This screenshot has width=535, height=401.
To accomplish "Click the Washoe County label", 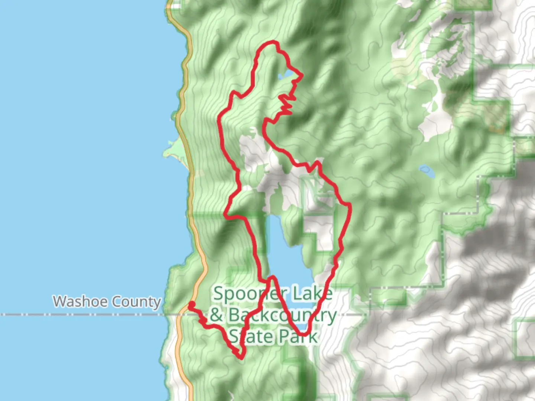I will pyautogui.click(x=107, y=301).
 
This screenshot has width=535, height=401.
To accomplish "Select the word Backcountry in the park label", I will pyautogui.click(x=282, y=315).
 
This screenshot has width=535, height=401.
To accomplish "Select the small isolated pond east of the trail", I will pyautogui.click(x=427, y=171).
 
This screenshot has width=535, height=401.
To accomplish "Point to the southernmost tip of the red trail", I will pyautogui.click(x=241, y=358).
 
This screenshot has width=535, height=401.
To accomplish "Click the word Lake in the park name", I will pyautogui.click(x=312, y=294).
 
